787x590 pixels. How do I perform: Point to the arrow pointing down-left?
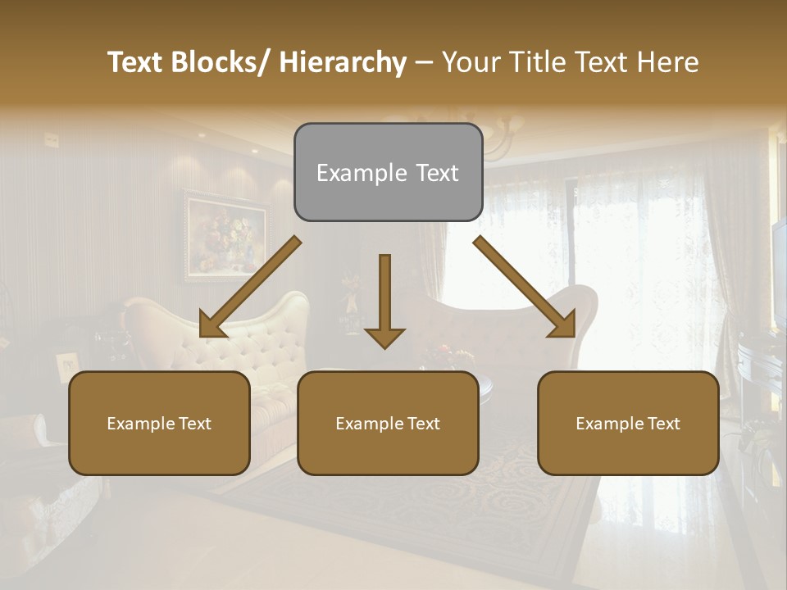[x=250, y=287]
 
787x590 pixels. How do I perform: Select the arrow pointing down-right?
[x=525, y=287]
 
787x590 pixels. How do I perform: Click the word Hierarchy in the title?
[x=343, y=62]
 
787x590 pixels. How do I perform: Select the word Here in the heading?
[x=668, y=62]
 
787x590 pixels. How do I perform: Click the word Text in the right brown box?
[x=662, y=424]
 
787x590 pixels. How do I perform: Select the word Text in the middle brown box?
[x=422, y=424]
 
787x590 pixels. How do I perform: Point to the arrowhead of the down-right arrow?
[x=564, y=325]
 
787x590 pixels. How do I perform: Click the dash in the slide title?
[x=424, y=62]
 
